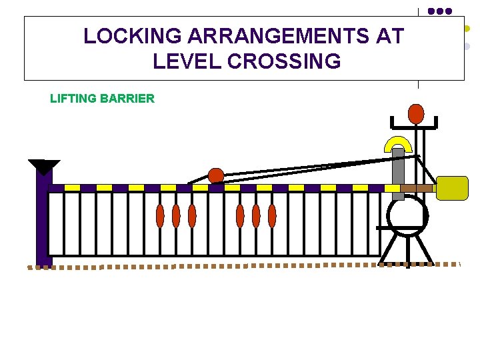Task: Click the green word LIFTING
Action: (x=73, y=99)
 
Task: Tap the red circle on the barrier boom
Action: (x=216, y=176)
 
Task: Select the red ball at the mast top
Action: (x=416, y=114)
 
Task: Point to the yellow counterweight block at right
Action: (x=452, y=188)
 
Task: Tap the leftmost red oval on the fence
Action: (x=160, y=216)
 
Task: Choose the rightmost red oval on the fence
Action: (x=272, y=216)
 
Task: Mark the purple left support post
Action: (x=43, y=220)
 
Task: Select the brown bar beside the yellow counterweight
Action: (x=418, y=189)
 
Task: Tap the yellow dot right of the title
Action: (x=467, y=29)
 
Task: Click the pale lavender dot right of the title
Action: (x=467, y=47)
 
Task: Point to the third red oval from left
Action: (x=192, y=216)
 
